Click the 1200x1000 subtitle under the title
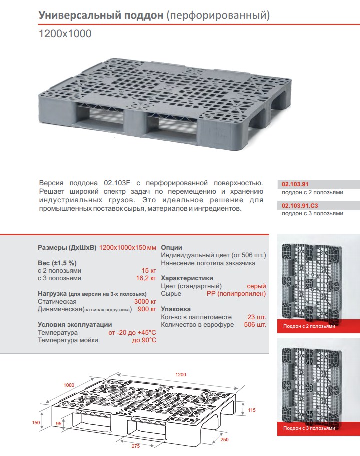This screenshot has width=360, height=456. [65, 34]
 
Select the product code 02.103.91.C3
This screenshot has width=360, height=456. [301, 205]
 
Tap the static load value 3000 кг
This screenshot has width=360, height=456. [145, 301]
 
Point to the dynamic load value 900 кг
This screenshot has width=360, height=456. [147, 309]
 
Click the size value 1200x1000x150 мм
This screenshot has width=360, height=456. [128, 248]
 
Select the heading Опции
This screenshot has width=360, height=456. [171, 248]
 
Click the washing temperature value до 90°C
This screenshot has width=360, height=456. [144, 340]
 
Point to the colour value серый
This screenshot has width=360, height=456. [256, 286]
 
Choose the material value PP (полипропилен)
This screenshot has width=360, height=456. [236, 293]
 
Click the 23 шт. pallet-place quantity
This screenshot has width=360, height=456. [257, 317]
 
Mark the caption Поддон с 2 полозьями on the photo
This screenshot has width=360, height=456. [305, 326]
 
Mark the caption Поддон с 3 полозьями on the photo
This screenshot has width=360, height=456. [305, 428]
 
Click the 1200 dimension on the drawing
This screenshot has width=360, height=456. [181, 375]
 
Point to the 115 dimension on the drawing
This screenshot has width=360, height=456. [252, 410]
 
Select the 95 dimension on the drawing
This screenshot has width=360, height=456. [59, 424]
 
